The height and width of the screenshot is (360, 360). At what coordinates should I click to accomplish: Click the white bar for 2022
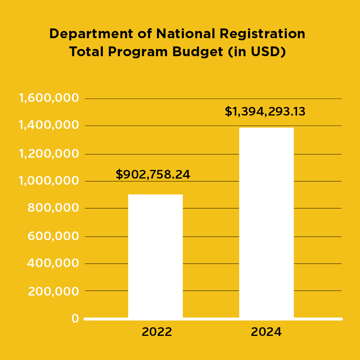(156, 256)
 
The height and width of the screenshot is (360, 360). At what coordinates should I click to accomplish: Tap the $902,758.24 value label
(153, 175)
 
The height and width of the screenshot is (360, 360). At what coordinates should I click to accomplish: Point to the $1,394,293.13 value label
(265, 112)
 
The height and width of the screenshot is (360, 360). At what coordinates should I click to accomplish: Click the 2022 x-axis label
(157, 332)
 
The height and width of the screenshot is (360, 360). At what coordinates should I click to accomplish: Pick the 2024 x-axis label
(266, 332)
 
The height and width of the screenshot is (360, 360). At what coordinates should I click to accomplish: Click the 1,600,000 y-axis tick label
(49, 98)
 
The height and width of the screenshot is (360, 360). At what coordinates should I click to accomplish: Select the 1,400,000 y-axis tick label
(49, 125)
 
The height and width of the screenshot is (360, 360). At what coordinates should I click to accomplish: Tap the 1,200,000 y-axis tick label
(49, 154)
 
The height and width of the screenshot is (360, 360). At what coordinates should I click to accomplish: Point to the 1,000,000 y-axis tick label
(49, 181)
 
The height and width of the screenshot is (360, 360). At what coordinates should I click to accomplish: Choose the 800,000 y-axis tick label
(53, 208)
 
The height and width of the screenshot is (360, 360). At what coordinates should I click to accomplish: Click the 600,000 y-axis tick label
(53, 236)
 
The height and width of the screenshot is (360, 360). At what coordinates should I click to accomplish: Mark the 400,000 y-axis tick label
(53, 263)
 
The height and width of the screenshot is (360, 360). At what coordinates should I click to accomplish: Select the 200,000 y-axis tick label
(53, 291)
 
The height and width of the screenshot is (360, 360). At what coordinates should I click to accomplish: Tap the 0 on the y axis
(75, 318)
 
